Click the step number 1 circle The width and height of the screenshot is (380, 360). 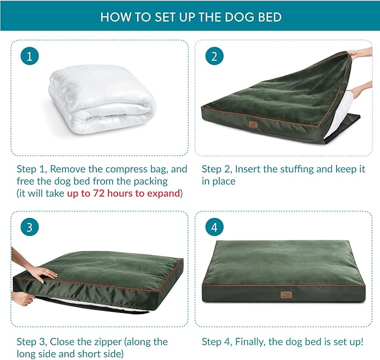[x=30, y=56]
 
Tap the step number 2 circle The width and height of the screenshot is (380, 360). [x=214, y=56]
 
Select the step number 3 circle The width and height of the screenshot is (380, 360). [x=30, y=228]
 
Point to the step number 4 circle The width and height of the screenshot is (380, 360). [x=214, y=228]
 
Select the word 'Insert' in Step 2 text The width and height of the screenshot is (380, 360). [x=250, y=169]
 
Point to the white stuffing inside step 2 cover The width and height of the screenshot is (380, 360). [x=346, y=109]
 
